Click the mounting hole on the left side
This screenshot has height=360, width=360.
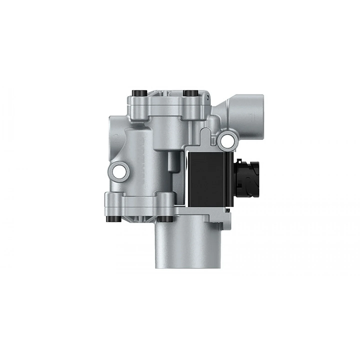tap(118, 171)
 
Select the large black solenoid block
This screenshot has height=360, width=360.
tap(208, 180)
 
